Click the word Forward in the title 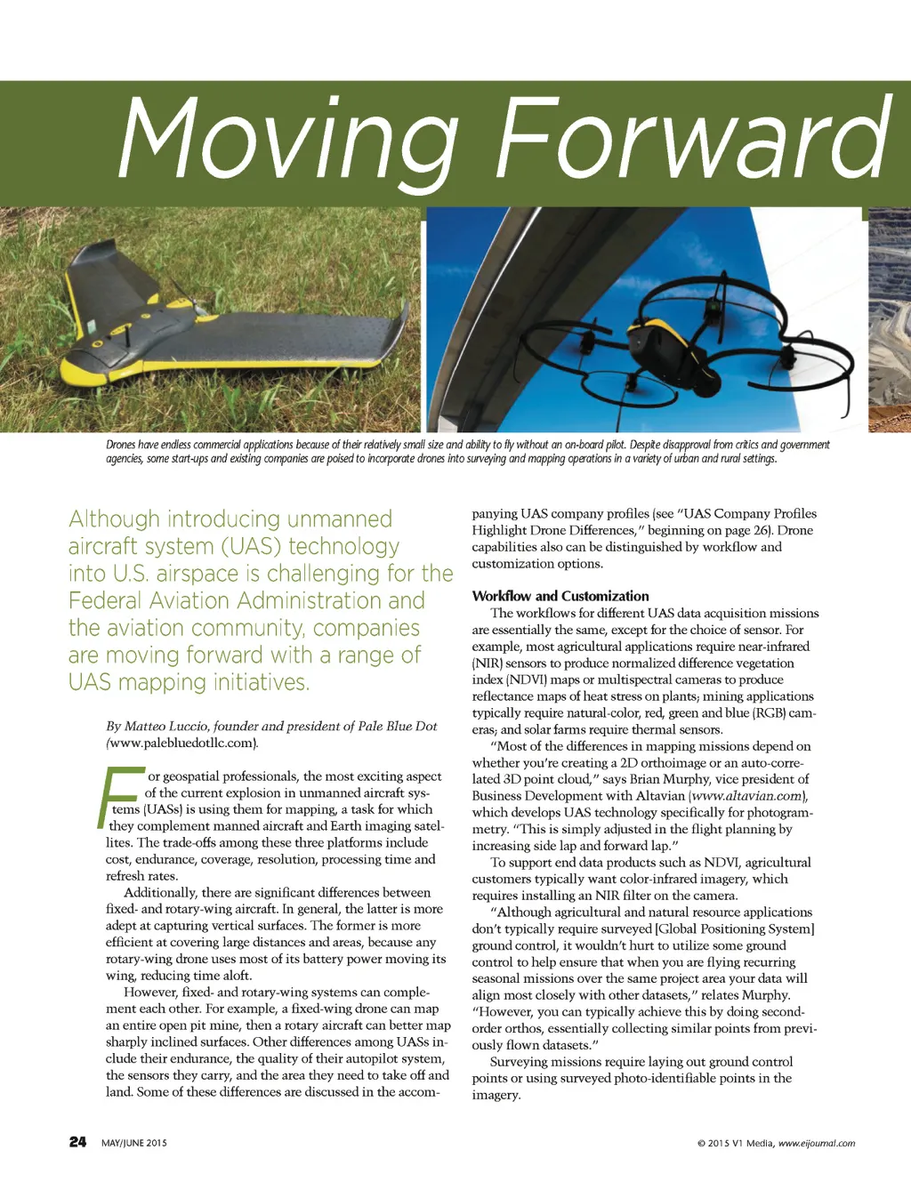(x=692, y=138)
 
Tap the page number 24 (x=78, y=1142)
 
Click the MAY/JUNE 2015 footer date (x=134, y=1143)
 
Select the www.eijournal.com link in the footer (x=817, y=1144)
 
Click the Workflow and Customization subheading (x=560, y=596)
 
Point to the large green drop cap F (x=120, y=796)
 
